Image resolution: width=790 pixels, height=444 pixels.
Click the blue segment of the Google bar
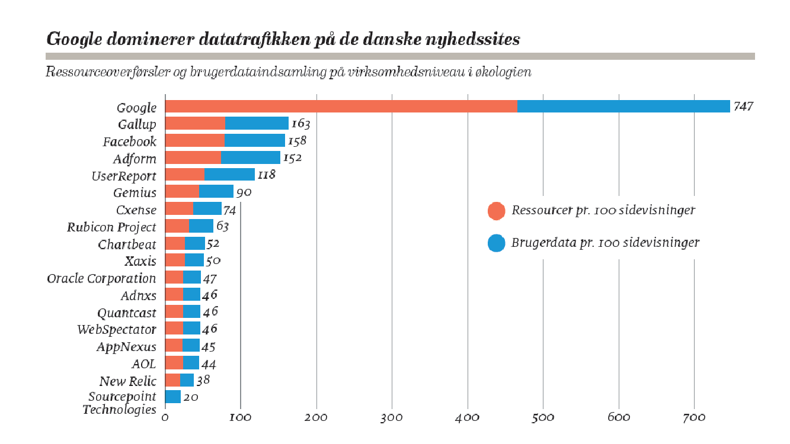(x=623, y=107)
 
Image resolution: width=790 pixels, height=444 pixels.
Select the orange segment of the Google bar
(x=341, y=107)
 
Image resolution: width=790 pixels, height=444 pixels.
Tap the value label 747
(x=743, y=107)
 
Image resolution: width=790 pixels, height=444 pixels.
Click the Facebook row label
(x=130, y=141)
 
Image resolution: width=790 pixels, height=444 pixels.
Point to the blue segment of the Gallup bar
(x=257, y=124)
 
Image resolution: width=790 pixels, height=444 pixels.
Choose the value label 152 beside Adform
(x=293, y=159)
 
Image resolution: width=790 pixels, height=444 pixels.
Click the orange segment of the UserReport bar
(x=184, y=175)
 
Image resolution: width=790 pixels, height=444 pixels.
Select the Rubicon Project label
(x=111, y=227)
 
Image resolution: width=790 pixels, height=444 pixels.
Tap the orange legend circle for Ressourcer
(x=496, y=211)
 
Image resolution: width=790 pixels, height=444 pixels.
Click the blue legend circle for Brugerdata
(x=496, y=243)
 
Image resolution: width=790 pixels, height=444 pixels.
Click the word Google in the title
(x=72, y=40)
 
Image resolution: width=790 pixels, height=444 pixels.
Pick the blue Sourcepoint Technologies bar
(x=173, y=397)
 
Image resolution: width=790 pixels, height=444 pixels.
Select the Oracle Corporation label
(x=101, y=279)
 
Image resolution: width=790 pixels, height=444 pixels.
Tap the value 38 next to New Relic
(x=203, y=381)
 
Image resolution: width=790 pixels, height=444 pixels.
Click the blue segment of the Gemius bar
(x=216, y=192)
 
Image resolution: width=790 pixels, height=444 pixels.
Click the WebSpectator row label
(x=117, y=330)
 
